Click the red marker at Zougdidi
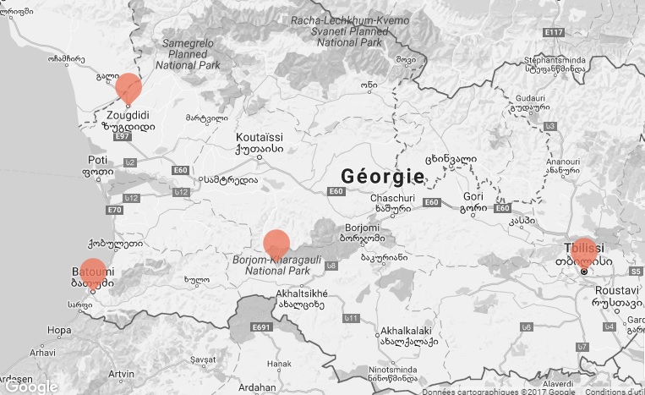pos(128,88)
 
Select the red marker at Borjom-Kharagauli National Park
pos(276,244)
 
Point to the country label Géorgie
pos(382,176)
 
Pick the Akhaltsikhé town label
pos(301,294)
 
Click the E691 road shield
pos(260,326)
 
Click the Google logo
pos(30,387)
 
